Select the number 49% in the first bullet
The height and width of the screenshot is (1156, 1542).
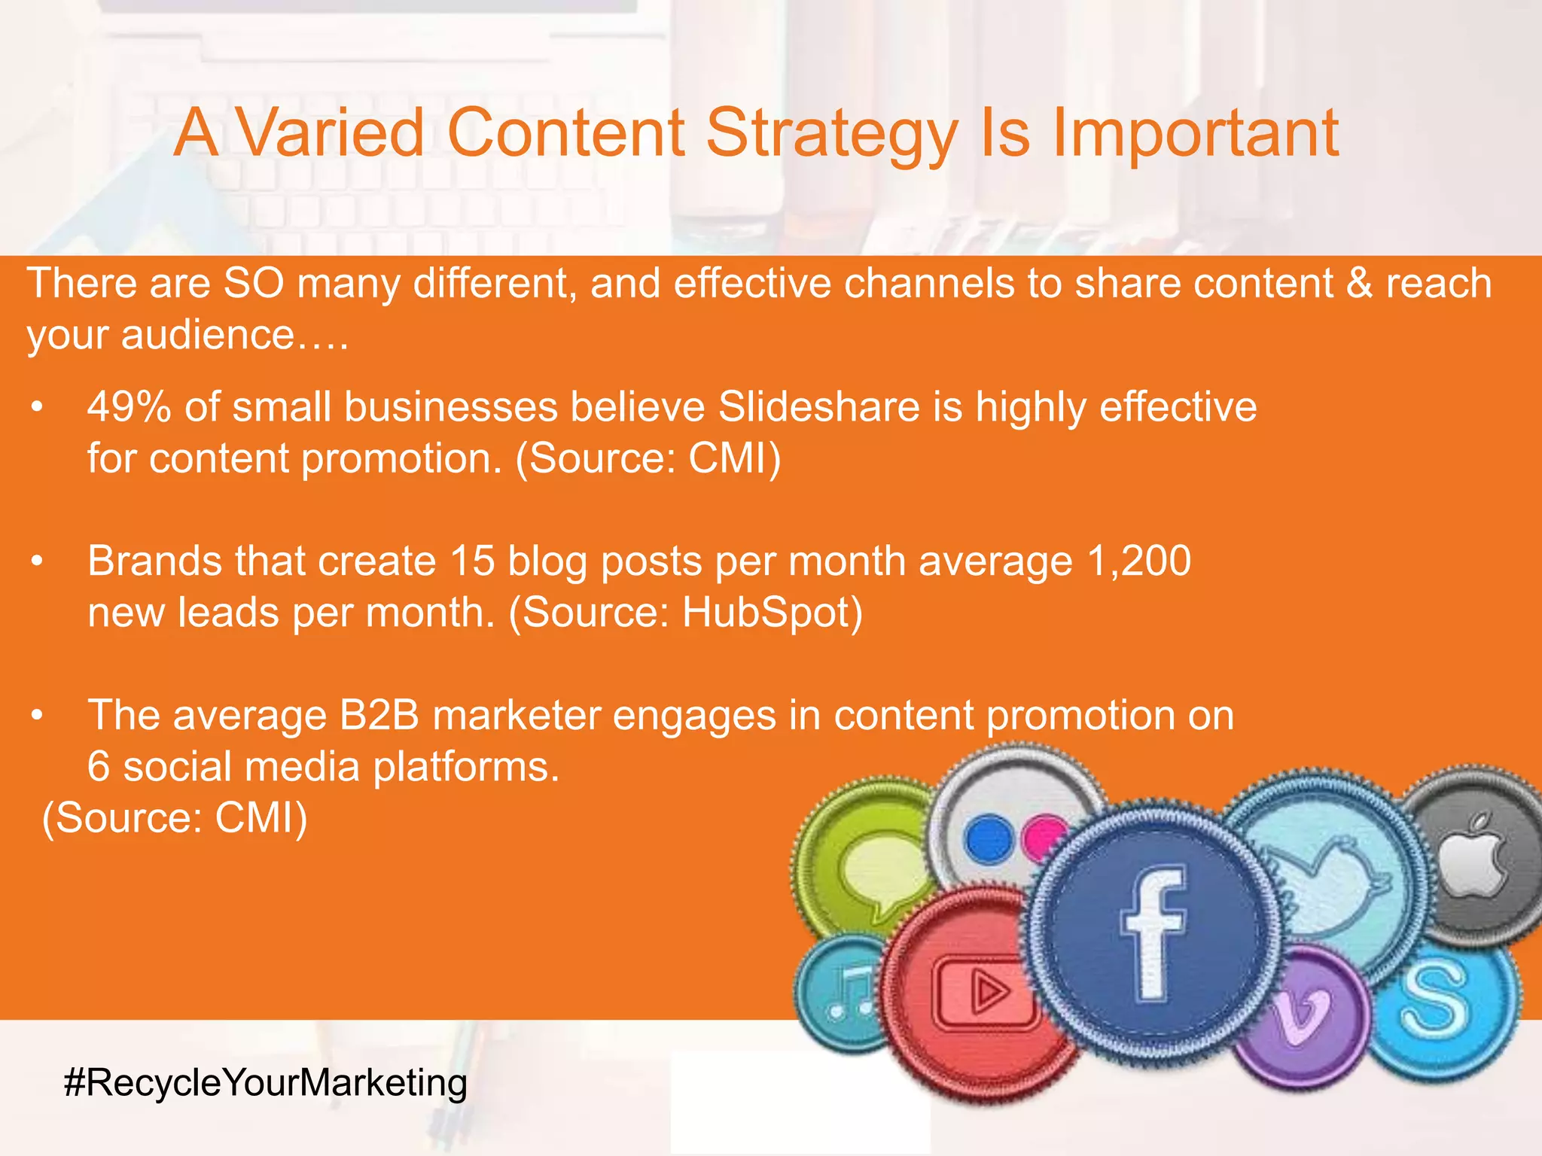[x=128, y=407]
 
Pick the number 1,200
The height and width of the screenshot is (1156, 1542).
[x=1138, y=561]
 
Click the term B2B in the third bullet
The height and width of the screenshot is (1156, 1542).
[x=379, y=716]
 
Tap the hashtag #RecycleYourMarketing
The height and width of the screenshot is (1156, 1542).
[x=266, y=1083]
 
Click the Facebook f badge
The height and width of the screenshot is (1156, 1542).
[x=1152, y=933]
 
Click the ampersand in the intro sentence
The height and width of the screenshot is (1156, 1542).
[x=1359, y=284]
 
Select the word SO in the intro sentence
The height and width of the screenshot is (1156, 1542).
[x=254, y=284]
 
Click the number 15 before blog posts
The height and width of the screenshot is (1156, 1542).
[x=472, y=561]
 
